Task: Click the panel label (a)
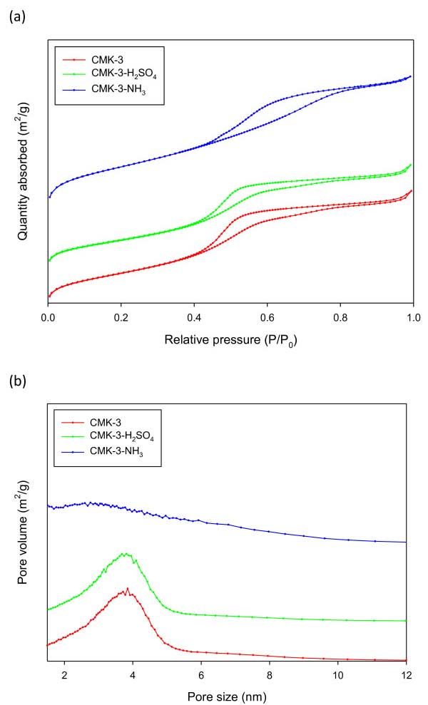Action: pos(16,18)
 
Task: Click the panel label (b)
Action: pos(16,381)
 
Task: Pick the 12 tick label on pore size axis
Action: pos(406,675)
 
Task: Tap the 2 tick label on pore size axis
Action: pos(64,675)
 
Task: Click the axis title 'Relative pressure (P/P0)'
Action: pos(230,340)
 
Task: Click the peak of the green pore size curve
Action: pos(126,553)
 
